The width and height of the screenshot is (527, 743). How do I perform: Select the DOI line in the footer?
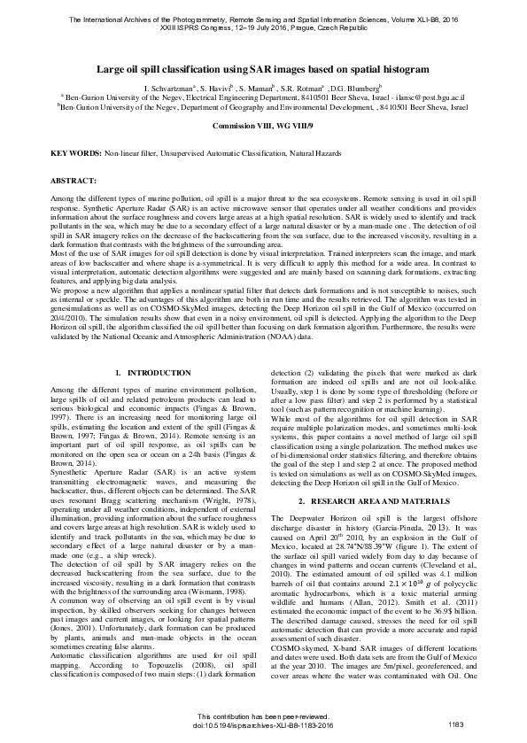click(263, 724)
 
